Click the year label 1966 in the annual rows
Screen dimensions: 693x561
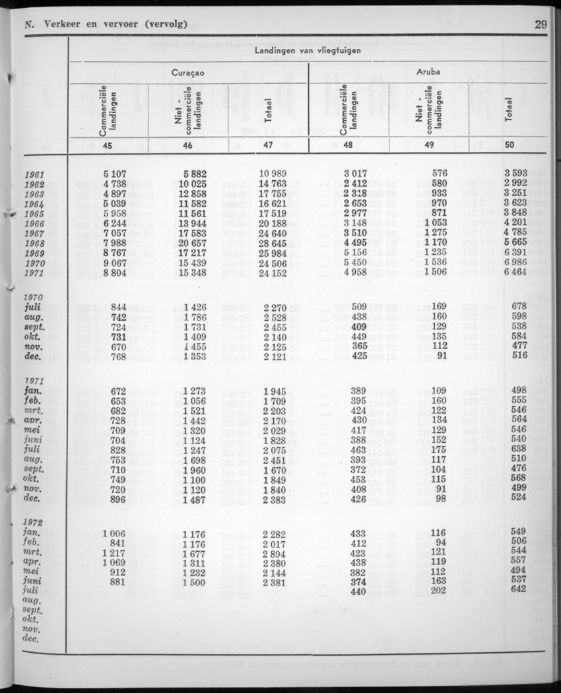coord(33,224)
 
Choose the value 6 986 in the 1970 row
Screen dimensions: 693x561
coord(514,263)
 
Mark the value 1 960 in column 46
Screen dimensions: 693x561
coord(194,470)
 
